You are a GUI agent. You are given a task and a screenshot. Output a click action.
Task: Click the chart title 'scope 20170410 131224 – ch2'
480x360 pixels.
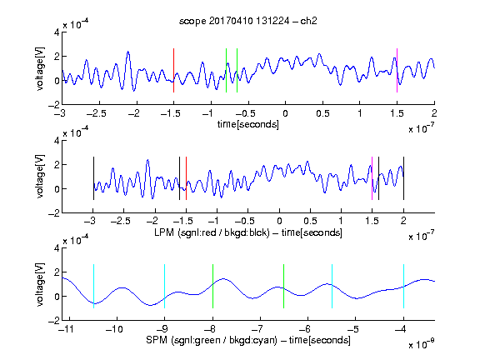pyautogui.click(x=248, y=21)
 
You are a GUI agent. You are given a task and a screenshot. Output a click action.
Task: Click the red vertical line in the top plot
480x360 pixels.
pyautogui.click(x=174, y=70)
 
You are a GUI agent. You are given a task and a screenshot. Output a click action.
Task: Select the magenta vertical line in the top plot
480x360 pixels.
pyautogui.click(x=397, y=70)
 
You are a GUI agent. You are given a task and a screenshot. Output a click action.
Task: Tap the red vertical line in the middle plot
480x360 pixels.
pyautogui.click(x=186, y=178)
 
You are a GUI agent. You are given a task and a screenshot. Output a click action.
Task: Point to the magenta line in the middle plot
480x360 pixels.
pyautogui.click(x=372, y=178)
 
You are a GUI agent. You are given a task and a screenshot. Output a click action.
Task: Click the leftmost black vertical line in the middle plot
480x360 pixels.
pyautogui.click(x=93, y=178)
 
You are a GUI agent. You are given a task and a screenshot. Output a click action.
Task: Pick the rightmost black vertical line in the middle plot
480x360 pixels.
pyautogui.click(x=404, y=178)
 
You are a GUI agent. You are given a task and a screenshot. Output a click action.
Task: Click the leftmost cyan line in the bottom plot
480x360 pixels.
pyautogui.click(x=93, y=286)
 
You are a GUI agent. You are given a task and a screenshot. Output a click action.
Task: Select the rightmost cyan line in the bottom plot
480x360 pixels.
pyautogui.click(x=404, y=286)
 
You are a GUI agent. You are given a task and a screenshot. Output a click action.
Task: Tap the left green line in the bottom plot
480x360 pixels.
pyautogui.click(x=212, y=286)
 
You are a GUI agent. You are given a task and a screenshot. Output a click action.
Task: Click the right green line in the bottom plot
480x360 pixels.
pyautogui.click(x=284, y=286)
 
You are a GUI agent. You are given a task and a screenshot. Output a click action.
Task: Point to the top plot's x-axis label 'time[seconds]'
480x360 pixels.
pyautogui.click(x=248, y=125)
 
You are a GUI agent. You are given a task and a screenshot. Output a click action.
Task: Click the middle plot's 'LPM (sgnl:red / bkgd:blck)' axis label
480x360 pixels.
pyautogui.click(x=212, y=232)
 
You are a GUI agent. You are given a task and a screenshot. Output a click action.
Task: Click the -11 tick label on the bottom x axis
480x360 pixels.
pyautogui.click(x=66, y=329)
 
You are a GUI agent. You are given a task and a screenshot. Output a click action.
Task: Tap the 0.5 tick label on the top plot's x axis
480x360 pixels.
pyautogui.click(x=322, y=113)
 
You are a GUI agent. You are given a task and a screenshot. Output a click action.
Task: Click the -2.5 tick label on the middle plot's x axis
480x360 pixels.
pyautogui.click(x=121, y=221)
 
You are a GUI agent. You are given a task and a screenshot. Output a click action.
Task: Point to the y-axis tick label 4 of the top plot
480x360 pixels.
pyautogui.click(x=57, y=32)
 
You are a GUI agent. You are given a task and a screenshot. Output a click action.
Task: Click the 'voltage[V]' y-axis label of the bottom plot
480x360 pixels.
pyautogui.click(x=40, y=284)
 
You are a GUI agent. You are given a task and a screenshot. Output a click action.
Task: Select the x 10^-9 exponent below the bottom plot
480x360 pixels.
pyautogui.click(x=421, y=344)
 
